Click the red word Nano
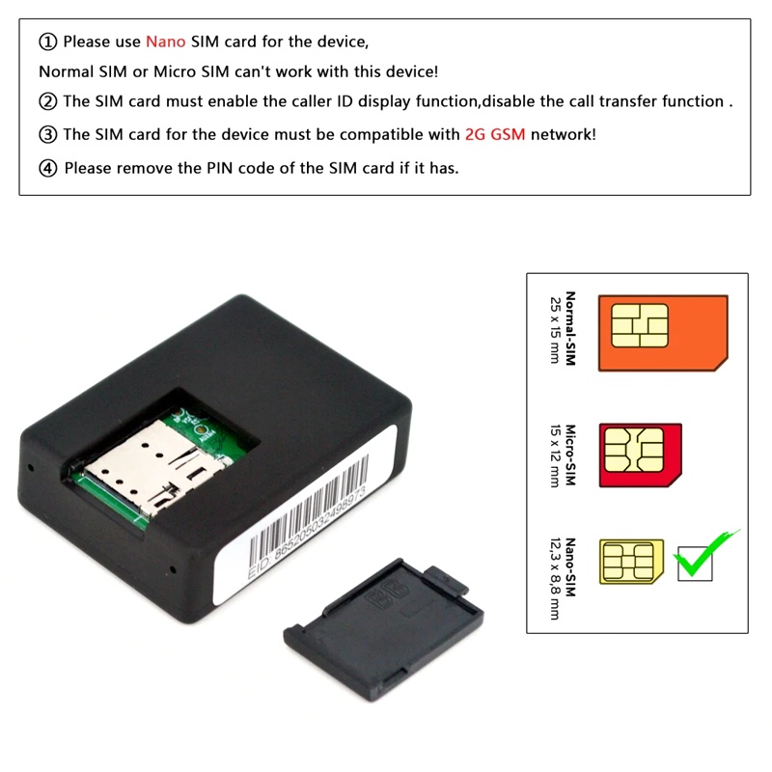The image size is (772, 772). pos(165,41)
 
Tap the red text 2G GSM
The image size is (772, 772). pos(495,134)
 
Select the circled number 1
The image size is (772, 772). pos(47,41)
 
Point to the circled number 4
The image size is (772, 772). pos(47,168)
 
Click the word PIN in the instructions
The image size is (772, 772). pos(219,168)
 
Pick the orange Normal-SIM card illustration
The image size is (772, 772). pos(663,333)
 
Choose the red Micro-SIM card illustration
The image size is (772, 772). pos(641,455)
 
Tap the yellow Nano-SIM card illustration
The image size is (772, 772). pos(632,562)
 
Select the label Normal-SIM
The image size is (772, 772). pos(570,328)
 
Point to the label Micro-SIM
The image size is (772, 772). pos(570,455)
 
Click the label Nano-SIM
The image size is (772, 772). pos(570,567)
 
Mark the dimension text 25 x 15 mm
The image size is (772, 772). pos(555,330)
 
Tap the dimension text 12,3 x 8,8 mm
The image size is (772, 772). pos(555,578)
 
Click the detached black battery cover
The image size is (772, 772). pos(383,629)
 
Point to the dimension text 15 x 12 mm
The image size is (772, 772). pos(555,455)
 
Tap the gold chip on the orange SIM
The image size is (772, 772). pos(640,325)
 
